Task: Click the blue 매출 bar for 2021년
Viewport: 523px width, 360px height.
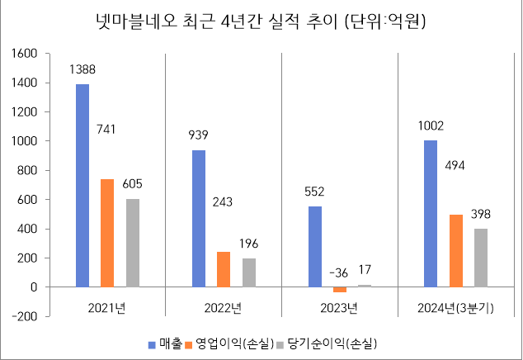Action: click(x=82, y=186)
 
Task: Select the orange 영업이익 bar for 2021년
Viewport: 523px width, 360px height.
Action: click(x=107, y=233)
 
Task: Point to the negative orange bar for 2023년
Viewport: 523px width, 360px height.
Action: click(x=340, y=290)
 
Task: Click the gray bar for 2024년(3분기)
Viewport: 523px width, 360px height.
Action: click(x=481, y=258)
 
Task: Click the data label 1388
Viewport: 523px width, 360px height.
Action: click(x=82, y=69)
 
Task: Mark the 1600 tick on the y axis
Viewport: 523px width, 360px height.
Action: click(x=26, y=54)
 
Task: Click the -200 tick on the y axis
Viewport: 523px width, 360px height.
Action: click(x=26, y=316)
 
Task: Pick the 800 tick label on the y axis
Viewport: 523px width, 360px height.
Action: click(x=30, y=171)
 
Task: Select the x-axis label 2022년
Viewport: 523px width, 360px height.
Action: click(x=223, y=310)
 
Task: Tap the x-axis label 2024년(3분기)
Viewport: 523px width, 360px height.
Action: click(x=456, y=310)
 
